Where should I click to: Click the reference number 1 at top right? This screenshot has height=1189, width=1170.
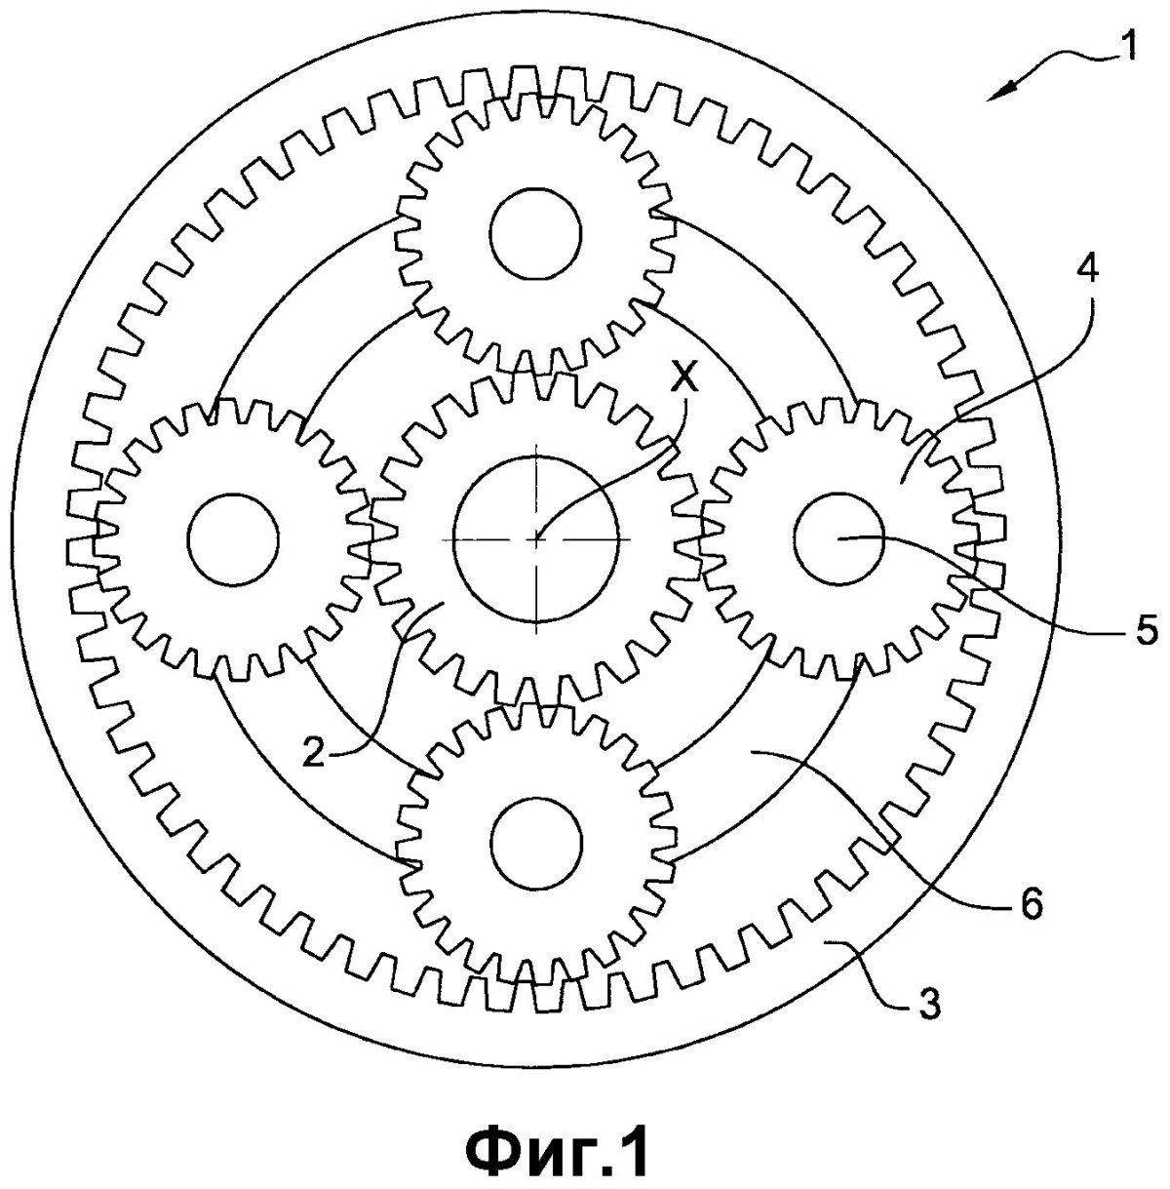tap(1127, 49)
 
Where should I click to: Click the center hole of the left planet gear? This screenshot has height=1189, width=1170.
tap(233, 539)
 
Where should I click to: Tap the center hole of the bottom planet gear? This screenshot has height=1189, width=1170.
tap(536, 844)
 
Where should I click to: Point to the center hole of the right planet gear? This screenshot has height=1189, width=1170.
tap(839, 538)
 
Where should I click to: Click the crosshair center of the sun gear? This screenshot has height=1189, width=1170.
tap(535, 538)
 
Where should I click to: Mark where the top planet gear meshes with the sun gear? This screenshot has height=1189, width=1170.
tap(535, 372)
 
